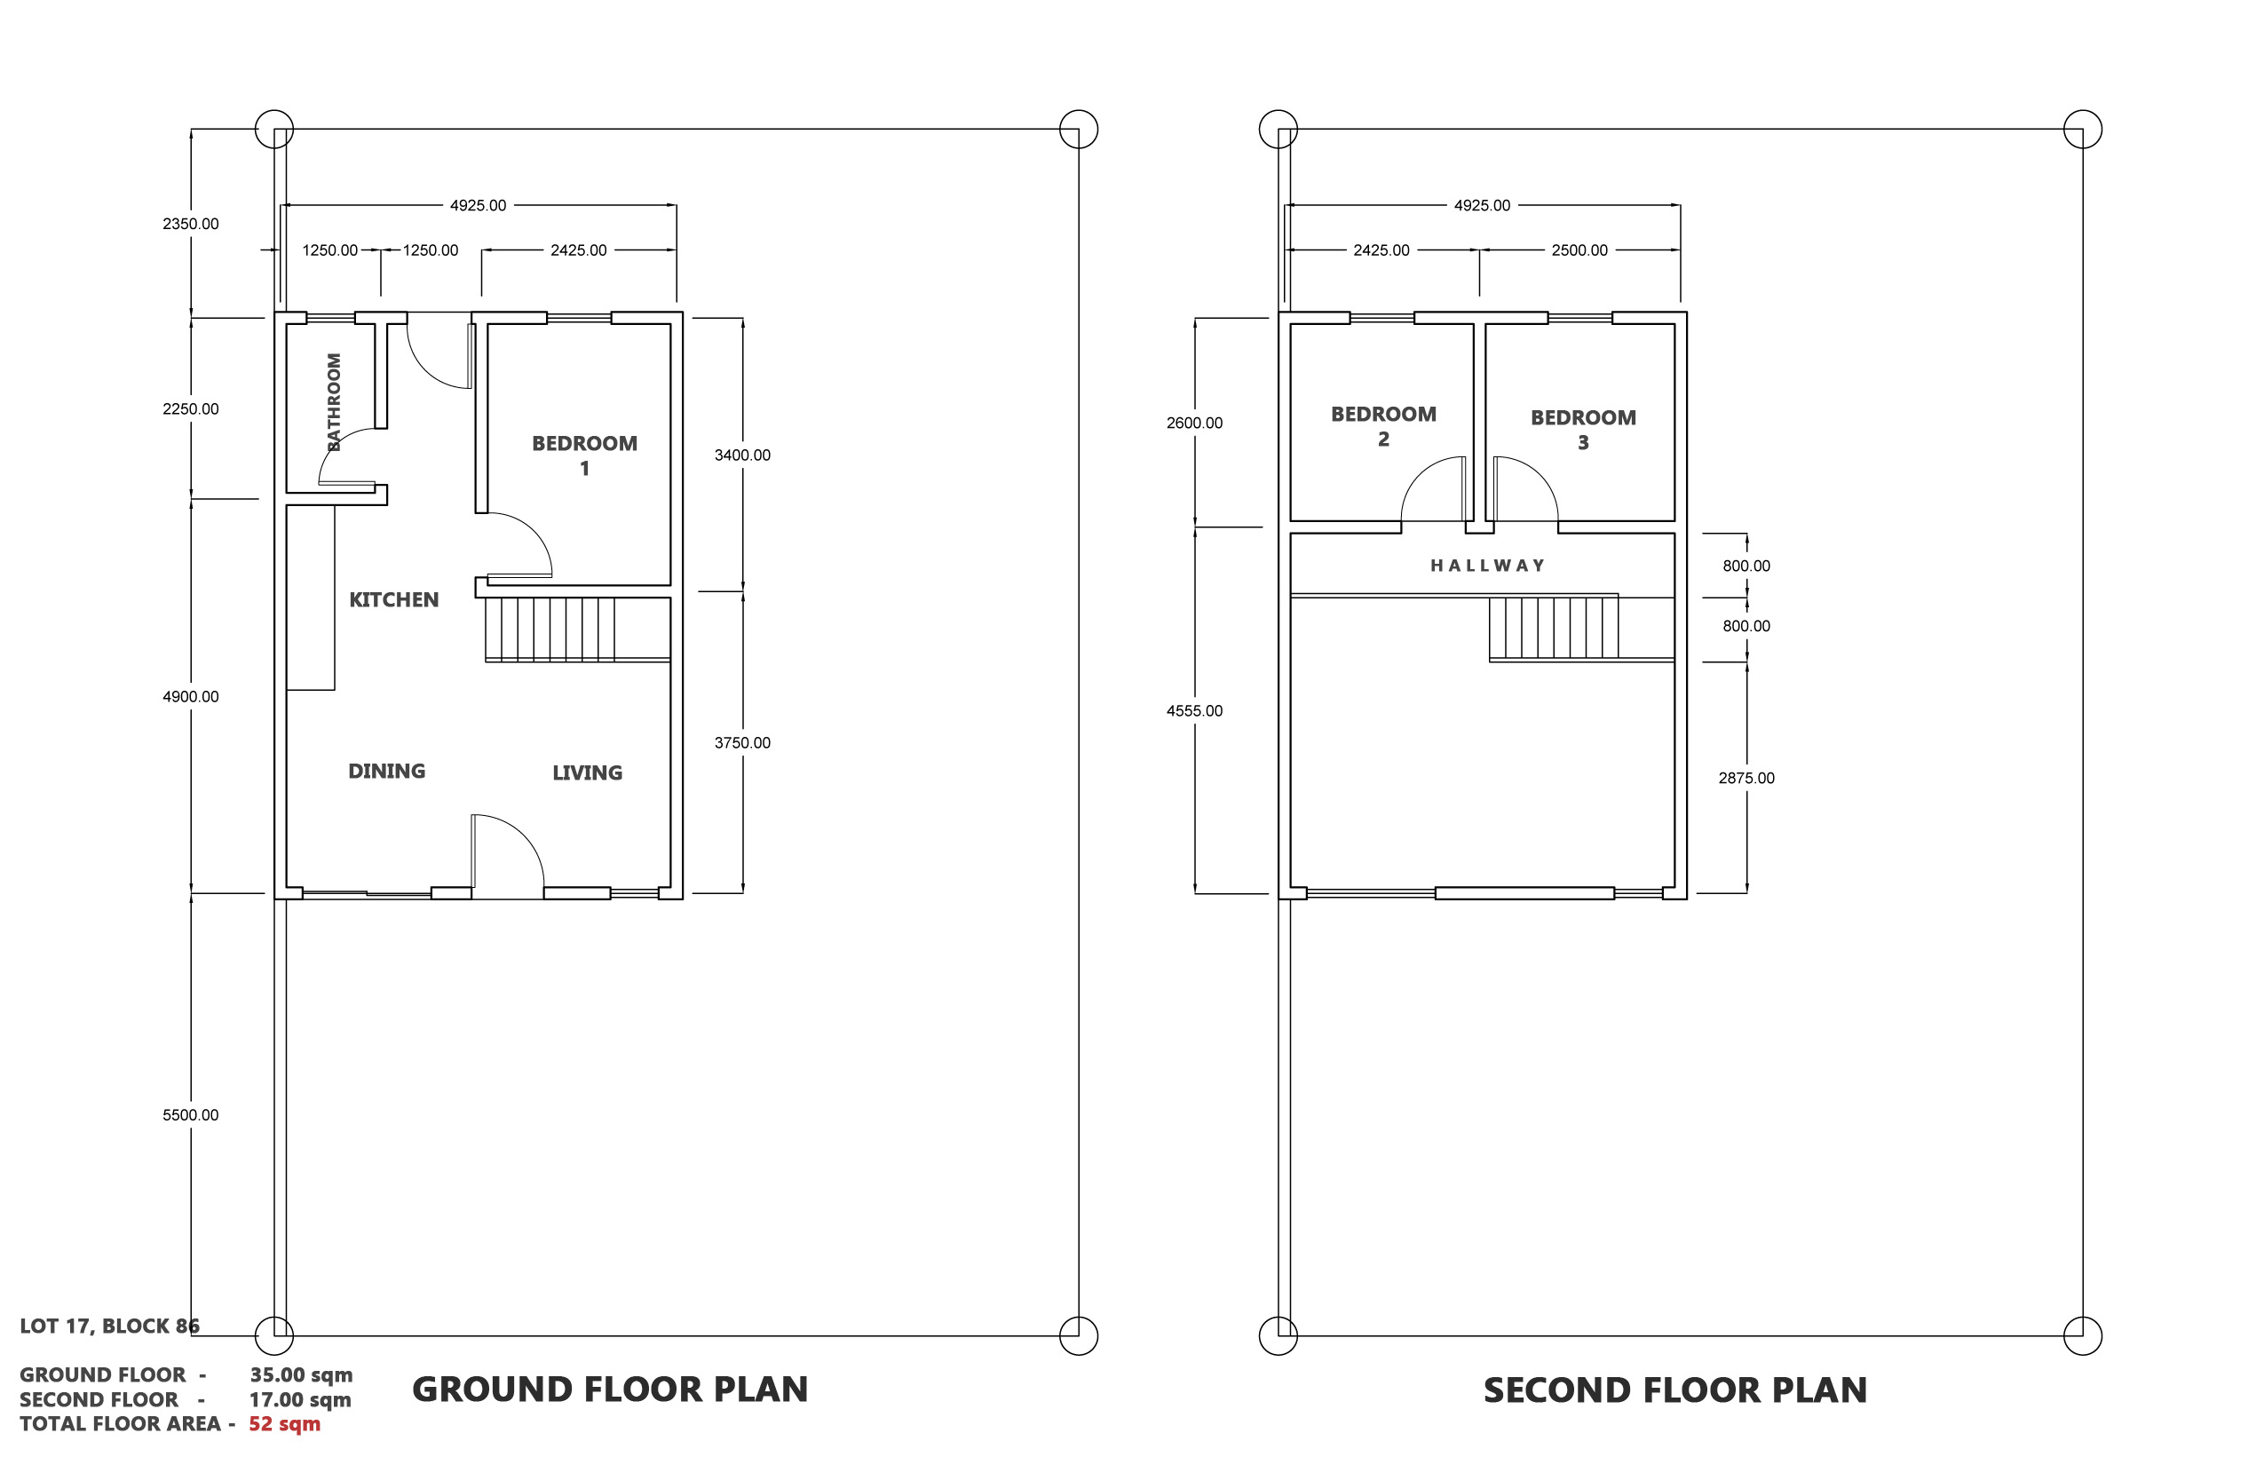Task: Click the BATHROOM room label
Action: [x=334, y=401]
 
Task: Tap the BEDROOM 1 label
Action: [x=584, y=455]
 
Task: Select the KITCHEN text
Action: [x=394, y=600]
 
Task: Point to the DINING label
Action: [x=386, y=772]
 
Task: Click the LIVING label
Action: [x=587, y=773]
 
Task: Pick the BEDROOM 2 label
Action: [x=1383, y=426]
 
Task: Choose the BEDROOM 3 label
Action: [x=1583, y=430]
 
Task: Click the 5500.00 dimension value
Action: [x=190, y=1115]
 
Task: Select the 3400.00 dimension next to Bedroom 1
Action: [x=742, y=455]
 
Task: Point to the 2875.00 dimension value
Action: [x=1745, y=778]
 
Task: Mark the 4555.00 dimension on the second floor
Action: [x=1194, y=710]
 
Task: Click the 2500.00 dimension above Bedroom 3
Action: [x=1579, y=250]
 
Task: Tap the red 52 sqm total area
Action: [x=284, y=1424]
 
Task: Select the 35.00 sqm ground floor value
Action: [x=301, y=1375]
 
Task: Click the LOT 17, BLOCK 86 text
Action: [x=109, y=1326]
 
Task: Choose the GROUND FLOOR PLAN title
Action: [x=610, y=1390]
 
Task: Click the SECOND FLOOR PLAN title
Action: [x=1675, y=1390]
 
